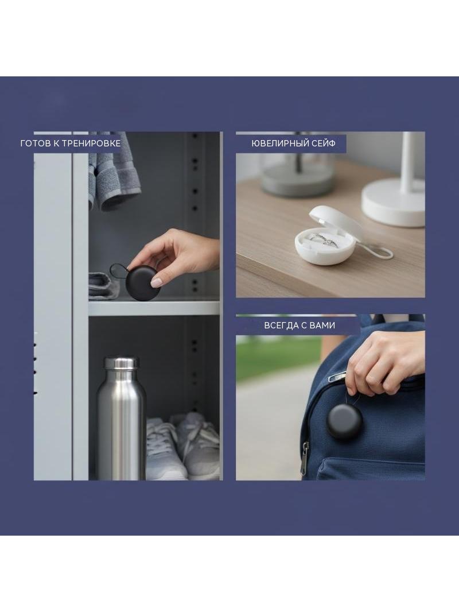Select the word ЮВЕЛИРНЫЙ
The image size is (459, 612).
[x=279, y=144]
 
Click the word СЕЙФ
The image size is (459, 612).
[x=323, y=144]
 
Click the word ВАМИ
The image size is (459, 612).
[x=323, y=326]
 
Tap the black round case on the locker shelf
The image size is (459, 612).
[x=142, y=282]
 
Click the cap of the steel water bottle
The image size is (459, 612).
[x=121, y=363]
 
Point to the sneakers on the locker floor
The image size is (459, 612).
[x=182, y=446]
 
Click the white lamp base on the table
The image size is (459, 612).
[x=392, y=203]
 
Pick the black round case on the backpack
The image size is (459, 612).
[x=344, y=422]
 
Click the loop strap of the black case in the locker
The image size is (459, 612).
[x=118, y=271]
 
